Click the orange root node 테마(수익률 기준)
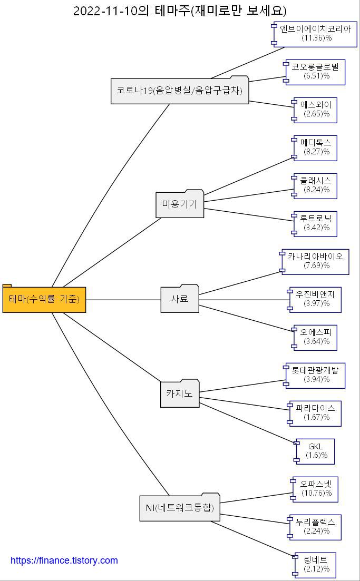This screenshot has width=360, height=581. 44,299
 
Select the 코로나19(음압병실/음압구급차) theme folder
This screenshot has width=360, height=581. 180,91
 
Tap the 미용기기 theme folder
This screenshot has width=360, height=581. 180,204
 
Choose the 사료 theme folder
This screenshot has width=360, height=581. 180,299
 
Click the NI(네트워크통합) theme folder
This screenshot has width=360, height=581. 180,508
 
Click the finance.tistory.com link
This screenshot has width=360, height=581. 64,560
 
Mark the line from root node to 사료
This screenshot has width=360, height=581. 123,300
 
